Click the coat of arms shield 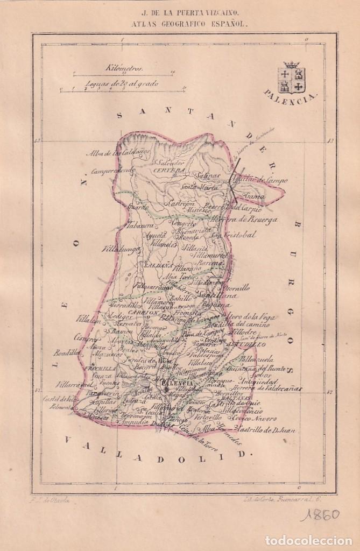(x=291, y=78)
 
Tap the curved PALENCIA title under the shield (x=291, y=98)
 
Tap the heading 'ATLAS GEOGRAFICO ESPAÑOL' (x=180, y=24)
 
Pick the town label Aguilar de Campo (x=262, y=180)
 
